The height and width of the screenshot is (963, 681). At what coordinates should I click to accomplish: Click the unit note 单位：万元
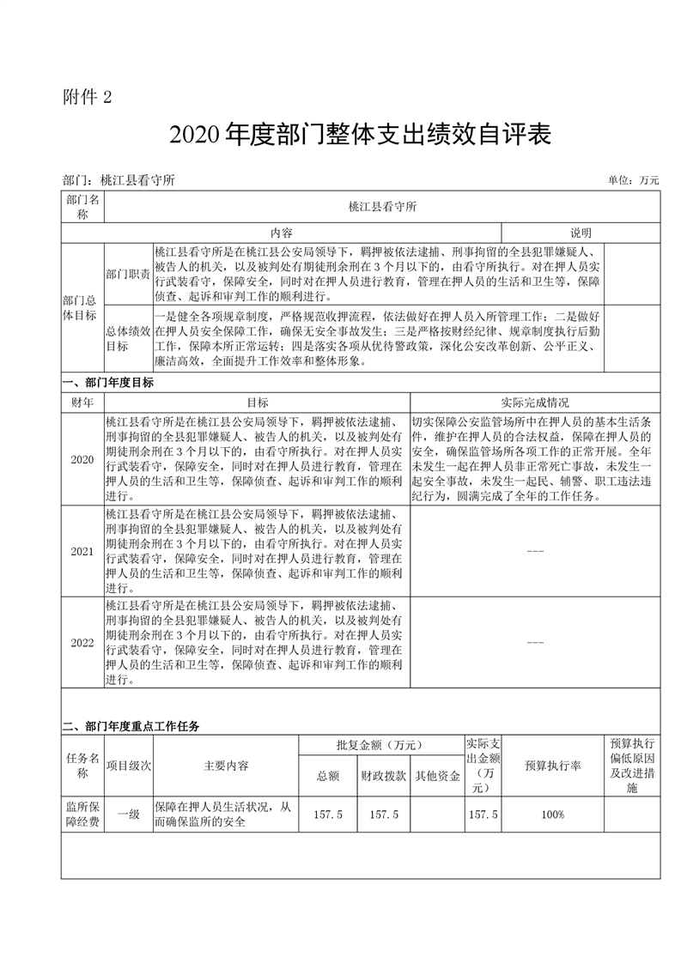pos(633,180)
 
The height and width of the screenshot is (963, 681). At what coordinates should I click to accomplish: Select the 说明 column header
pos(581,233)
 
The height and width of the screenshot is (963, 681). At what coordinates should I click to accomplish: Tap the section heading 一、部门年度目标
pos(108,384)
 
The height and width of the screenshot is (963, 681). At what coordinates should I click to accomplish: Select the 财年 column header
pos(82,402)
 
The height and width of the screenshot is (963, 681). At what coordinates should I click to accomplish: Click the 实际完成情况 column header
pos(534,402)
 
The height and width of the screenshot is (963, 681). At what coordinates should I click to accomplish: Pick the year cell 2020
pos(82,459)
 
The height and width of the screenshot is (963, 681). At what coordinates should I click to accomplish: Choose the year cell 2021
pos(82,551)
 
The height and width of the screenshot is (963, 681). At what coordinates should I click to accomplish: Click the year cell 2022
pos(82,643)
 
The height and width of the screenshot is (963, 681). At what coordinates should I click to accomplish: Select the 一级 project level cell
pos(128,814)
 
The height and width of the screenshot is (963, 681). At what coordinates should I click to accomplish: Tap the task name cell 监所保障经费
pos(82,814)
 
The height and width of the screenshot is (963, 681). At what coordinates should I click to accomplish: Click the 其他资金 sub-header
pos(437,776)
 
